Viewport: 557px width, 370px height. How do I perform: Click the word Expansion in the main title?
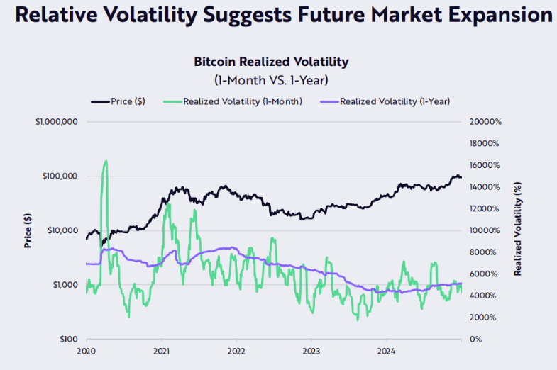(490, 15)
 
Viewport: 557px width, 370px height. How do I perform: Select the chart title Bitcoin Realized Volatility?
(271, 62)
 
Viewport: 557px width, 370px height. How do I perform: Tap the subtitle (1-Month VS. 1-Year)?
(271, 80)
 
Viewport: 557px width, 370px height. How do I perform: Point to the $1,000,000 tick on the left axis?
(56, 122)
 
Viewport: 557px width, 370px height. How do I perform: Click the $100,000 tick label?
(60, 176)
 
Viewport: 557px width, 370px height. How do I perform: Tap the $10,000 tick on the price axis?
(62, 230)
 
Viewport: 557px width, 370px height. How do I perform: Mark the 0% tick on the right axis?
(476, 340)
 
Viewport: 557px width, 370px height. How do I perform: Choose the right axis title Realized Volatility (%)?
(518, 230)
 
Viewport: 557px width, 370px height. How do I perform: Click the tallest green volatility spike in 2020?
(106, 162)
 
